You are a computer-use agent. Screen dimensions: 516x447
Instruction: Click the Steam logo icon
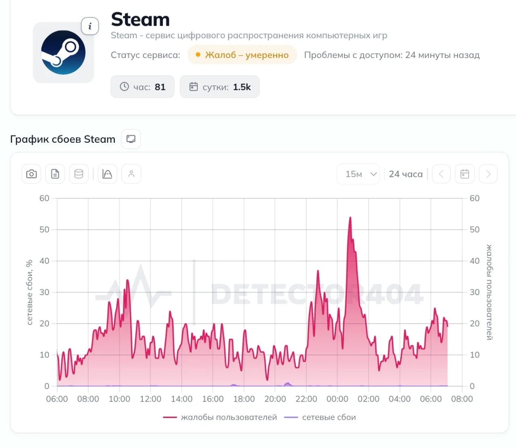pyautogui.click(x=63, y=52)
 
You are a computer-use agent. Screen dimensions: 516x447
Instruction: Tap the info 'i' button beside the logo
pyautogui.click(x=90, y=26)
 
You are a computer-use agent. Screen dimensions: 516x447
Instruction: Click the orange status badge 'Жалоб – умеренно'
pyautogui.click(x=242, y=55)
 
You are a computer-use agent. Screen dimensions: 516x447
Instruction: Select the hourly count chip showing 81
pyautogui.click(x=143, y=87)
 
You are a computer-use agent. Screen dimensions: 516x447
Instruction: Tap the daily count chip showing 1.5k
pyautogui.click(x=220, y=87)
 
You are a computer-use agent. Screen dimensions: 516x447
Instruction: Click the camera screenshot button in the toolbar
pyautogui.click(x=31, y=174)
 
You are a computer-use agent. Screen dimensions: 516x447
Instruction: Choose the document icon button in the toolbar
pyautogui.click(x=55, y=174)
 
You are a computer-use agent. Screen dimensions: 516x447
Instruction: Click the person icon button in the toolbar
pyautogui.click(x=131, y=174)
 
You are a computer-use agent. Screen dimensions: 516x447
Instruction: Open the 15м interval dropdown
pyautogui.click(x=358, y=174)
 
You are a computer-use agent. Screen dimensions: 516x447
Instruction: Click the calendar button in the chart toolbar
pyautogui.click(x=464, y=174)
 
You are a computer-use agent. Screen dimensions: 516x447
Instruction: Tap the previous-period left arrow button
pyautogui.click(x=441, y=174)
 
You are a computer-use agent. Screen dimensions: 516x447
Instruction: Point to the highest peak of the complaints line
pyautogui.click(x=350, y=217)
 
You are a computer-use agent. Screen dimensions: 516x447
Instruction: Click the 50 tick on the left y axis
pyautogui.click(x=44, y=230)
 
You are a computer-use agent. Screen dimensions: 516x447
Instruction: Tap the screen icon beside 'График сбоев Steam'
pyautogui.click(x=131, y=139)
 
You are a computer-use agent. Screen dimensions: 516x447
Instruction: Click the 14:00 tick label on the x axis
pyautogui.click(x=182, y=399)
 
